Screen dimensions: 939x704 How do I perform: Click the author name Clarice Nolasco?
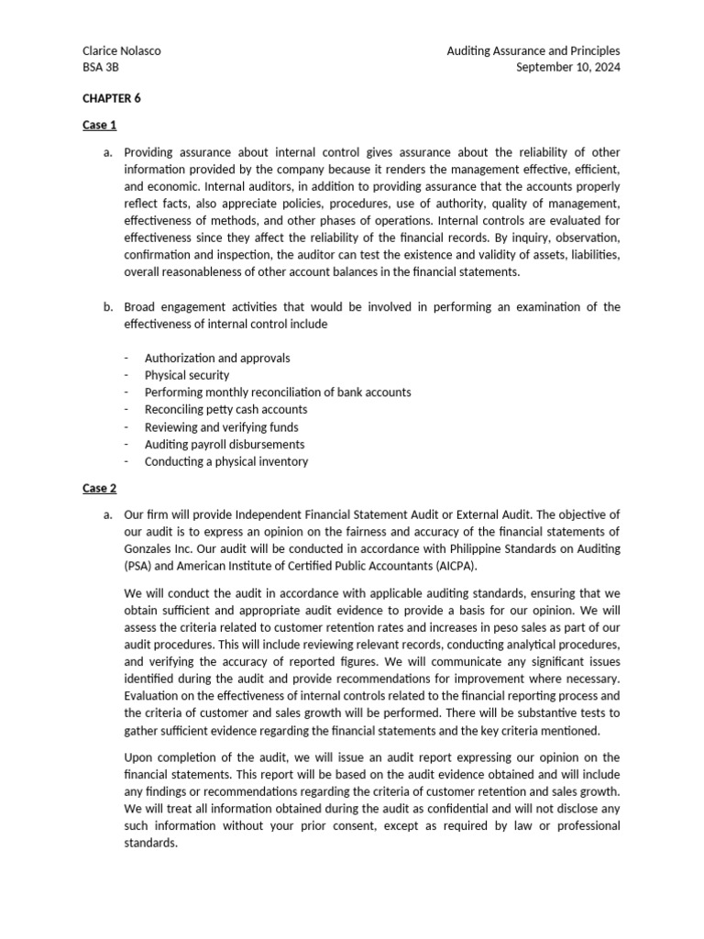coord(122,50)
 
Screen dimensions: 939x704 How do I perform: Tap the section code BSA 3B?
coord(100,68)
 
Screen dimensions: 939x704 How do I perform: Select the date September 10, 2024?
coord(568,68)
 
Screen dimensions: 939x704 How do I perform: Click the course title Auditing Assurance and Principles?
coord(533,50)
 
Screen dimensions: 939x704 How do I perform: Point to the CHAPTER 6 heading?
coord(112,97)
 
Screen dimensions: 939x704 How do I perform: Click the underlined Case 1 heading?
coord(99,125)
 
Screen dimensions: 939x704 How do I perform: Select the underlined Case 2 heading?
coord(99,488)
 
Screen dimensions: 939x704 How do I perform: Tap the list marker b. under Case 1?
coord(109,306)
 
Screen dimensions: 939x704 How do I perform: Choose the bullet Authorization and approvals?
coord(216,358)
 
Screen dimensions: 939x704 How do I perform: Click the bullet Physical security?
coord(187,375)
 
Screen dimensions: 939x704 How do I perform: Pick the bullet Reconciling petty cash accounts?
coord(225,409)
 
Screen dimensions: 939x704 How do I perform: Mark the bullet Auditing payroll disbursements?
coord(225,444)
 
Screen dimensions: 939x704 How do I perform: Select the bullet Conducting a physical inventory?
coord(226,461)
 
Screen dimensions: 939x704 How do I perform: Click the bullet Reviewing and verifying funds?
coord(221,426)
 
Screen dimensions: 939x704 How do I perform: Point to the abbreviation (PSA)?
coord(139,565)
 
